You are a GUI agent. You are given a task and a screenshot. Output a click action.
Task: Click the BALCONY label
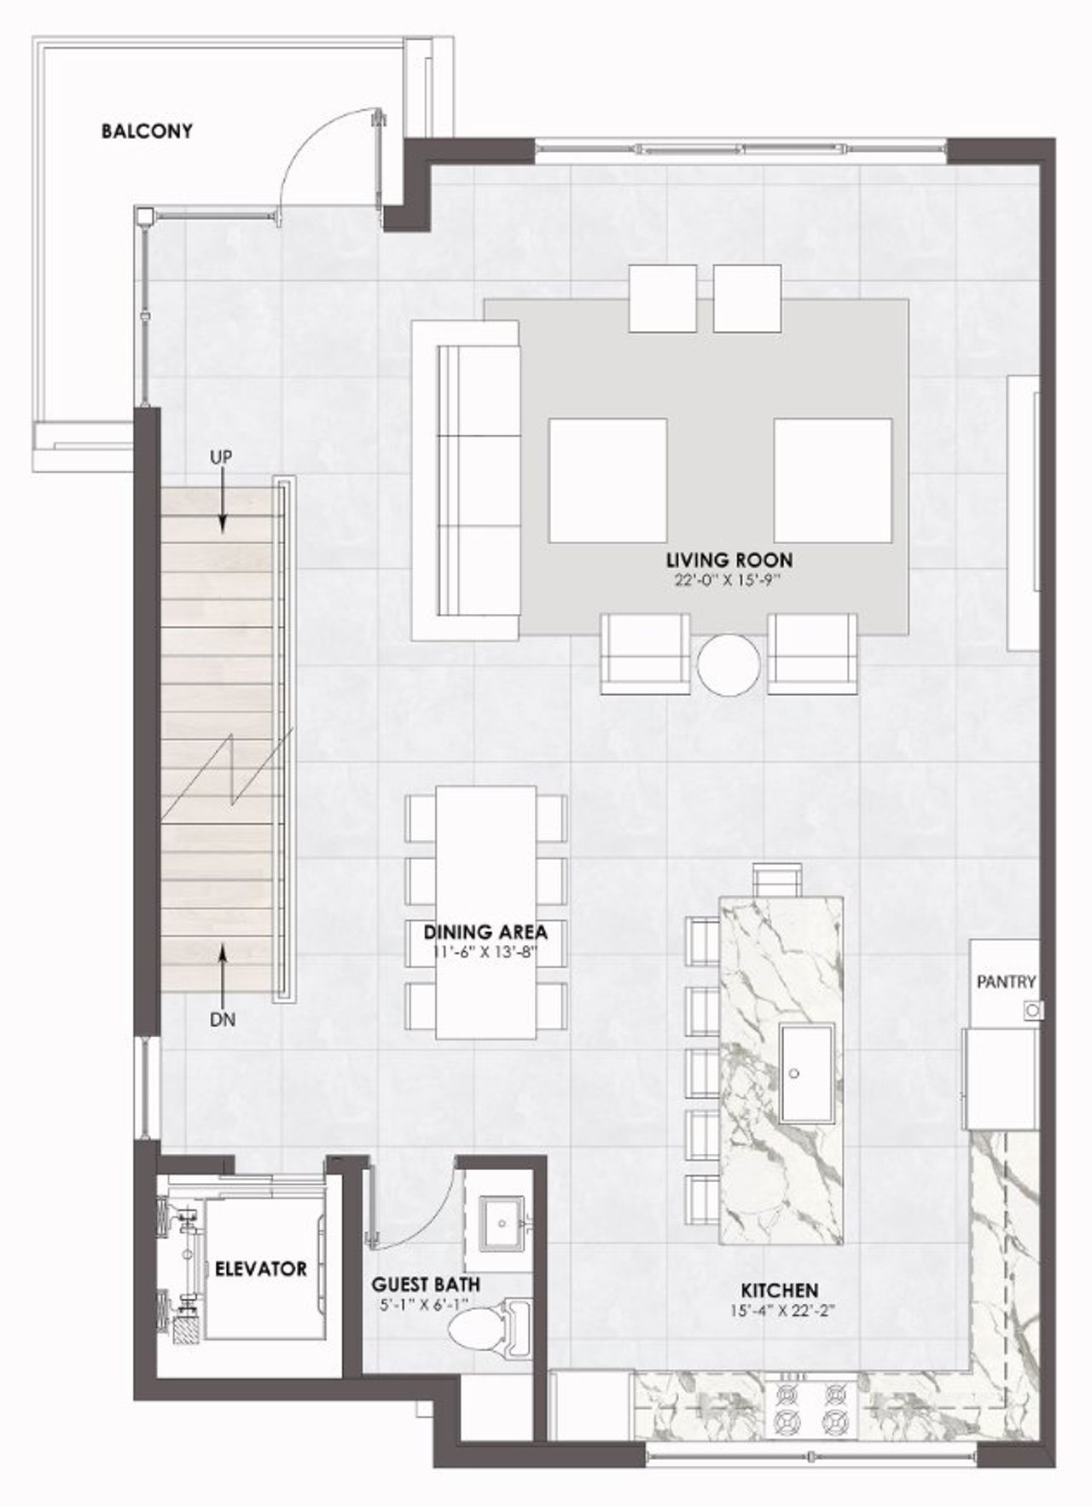coord(146,131)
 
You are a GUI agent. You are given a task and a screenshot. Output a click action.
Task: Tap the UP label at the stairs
coord(221,458)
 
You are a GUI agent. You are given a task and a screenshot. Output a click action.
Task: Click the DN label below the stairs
coord(222,1019)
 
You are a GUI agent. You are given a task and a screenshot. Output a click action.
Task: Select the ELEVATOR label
coord(260,1269)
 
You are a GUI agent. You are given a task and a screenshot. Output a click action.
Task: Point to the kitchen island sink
coord(805,1073)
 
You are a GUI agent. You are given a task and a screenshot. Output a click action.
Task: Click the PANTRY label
coord(1006,982)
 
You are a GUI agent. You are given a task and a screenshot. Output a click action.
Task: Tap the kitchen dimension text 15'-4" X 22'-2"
coord(780,1310)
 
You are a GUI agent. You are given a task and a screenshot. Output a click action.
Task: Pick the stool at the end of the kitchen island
coord(778,878)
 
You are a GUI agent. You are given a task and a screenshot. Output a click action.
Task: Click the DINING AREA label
coord(485,931)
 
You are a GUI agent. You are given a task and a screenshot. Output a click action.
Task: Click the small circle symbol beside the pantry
coord(1033,1011)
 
